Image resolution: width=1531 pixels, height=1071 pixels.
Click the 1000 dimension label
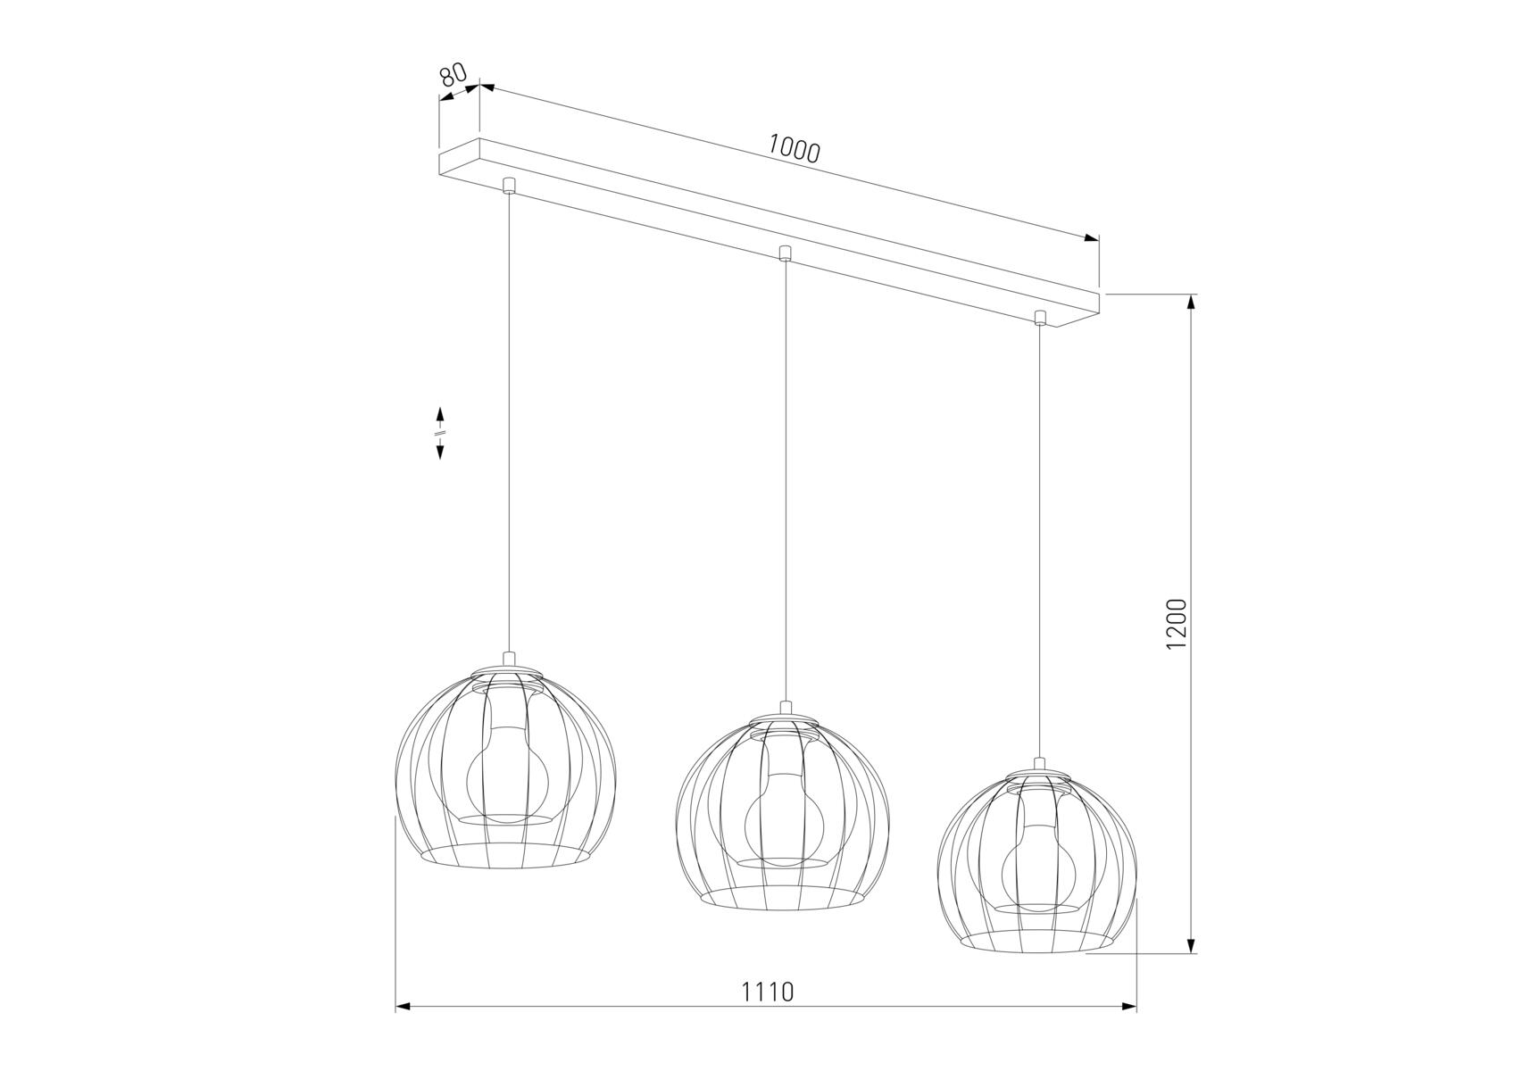pyautogui.click(x=794, y=149)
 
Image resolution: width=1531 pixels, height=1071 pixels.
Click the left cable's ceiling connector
pyautogui.click(x=509, y=186)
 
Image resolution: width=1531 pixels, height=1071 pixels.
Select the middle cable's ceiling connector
pyautogui.click(x=784, y=253)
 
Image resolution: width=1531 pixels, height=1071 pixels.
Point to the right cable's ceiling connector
pyautogui.click(x=1039, y=318)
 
